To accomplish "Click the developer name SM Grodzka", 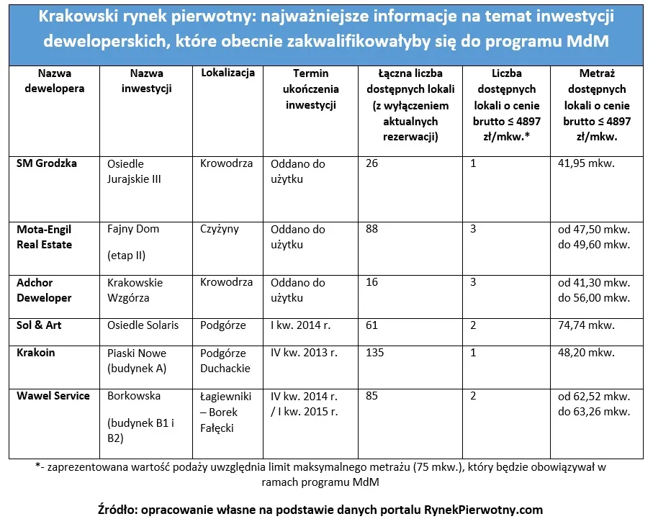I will click(47, 163).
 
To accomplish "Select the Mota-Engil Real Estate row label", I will click(44, 237).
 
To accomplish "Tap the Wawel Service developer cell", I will click(53, 396).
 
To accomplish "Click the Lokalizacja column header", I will click(228, 73).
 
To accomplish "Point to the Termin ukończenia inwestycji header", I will click(310, 89).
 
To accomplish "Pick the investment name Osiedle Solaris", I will click(143, 325).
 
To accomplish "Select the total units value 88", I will click(372, 229).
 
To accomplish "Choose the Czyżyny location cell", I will click(220, 229).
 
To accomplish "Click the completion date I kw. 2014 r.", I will click(300, 325).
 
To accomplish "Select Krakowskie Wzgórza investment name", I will click(135, 290).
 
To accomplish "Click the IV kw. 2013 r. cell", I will click(304, 353).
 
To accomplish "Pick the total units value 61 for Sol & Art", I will click(372, 325).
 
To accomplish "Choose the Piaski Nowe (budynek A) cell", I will click(137, 361).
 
